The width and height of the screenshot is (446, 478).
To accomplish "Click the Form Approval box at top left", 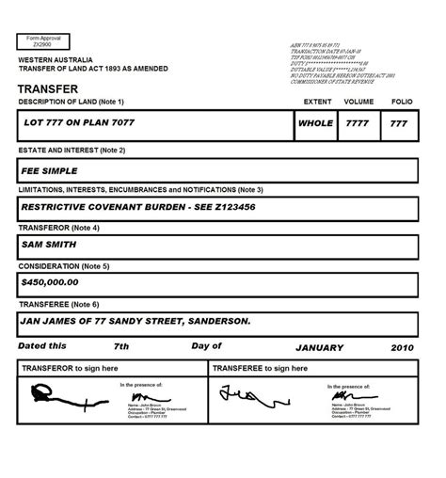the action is point(42,43).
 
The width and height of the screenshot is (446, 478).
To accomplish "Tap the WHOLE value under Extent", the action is point(314,122).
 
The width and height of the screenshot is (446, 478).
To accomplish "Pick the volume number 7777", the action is point(358,122).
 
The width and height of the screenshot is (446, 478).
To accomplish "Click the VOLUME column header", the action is point(358,102).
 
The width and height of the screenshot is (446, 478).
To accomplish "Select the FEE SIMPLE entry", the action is point(50,172).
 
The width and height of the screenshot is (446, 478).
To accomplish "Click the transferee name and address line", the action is point(135,322).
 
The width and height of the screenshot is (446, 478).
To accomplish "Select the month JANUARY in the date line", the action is point(322,346).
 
